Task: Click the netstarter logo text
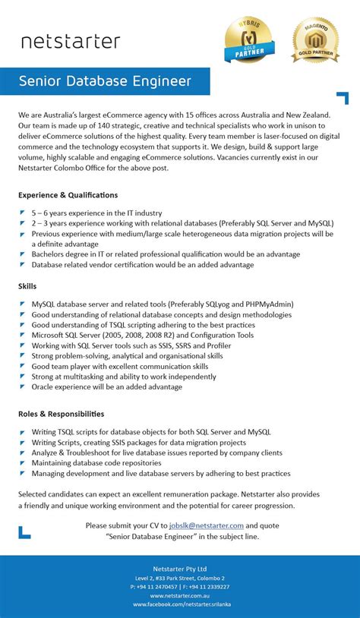click(x=70, y=41)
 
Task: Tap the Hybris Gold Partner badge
click(x=248, y=39)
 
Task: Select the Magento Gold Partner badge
click(x=315, y=39)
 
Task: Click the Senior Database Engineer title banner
click(x=105, y=80)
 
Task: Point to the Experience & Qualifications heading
click(x=68, y=195)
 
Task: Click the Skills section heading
click(x=27, y=286)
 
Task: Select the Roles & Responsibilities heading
click(x=62, y=414)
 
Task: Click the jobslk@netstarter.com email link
click(x=207, y=525)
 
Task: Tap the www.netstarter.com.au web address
click(x=180, y=595)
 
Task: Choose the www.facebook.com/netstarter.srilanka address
click(x=180, y=604)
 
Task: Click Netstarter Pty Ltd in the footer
click(x=180, y=569)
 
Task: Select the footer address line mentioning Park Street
click(x=180, y=578)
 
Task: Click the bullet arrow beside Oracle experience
click(x=23, y=386)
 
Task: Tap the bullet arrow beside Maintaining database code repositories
click(x=23, y=463)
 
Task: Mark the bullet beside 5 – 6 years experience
click(x=23, y=213)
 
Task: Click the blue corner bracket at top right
click(x=343, y=98)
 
